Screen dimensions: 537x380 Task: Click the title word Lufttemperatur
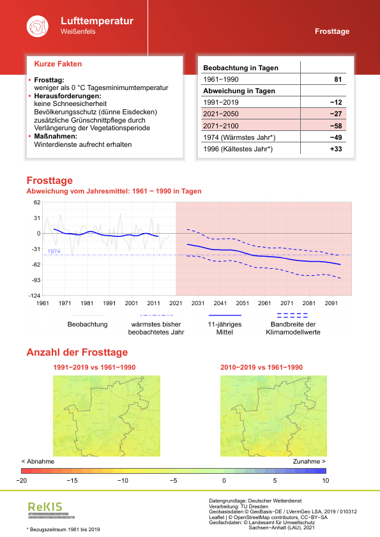pos(97,21)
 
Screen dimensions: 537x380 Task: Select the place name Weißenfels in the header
pos(78,32)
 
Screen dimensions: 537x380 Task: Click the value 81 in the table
pos(338,79)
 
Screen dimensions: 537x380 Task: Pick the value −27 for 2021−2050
pos(336,114)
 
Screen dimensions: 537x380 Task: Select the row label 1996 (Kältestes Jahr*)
pos(238,149)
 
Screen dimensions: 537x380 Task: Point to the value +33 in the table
pos(336,149)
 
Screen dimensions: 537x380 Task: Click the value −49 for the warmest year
pos(336,137)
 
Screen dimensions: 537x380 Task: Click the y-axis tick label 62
pos(36,202)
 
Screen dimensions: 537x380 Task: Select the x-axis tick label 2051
pos(242,303)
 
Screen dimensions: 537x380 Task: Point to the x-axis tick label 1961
pos(43,303)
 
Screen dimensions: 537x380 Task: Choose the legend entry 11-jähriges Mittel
pos(224,328)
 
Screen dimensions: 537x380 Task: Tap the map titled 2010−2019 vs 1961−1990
pos(261,415)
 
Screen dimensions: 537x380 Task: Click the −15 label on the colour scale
pos(73,480)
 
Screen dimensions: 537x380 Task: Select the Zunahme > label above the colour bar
pos(309,461)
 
